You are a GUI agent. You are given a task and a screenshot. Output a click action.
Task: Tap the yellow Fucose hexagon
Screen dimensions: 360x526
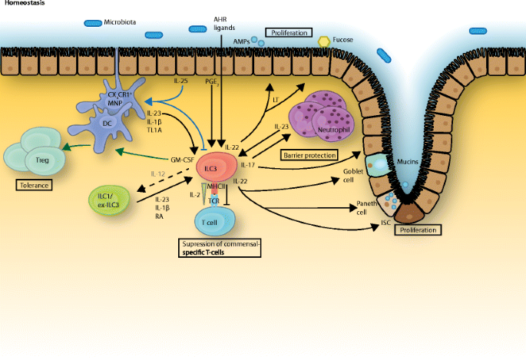(x=324, y=40)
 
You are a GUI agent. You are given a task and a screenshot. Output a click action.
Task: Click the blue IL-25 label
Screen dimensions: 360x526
(x=180, y=80)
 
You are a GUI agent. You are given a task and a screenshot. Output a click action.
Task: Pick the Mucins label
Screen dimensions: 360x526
(x=407, y=163)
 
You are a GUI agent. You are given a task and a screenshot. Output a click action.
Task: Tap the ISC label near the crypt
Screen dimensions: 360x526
(x=385, y=224)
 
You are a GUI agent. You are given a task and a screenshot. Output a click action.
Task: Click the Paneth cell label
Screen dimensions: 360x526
(x=366, y=207)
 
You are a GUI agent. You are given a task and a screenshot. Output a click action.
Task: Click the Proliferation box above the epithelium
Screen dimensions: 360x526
(x=289, y=33)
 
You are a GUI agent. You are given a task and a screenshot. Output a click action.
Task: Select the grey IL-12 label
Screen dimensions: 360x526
(x=159, y=174)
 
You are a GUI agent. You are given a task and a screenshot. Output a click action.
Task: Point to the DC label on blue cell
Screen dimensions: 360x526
(x=108, y=123)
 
